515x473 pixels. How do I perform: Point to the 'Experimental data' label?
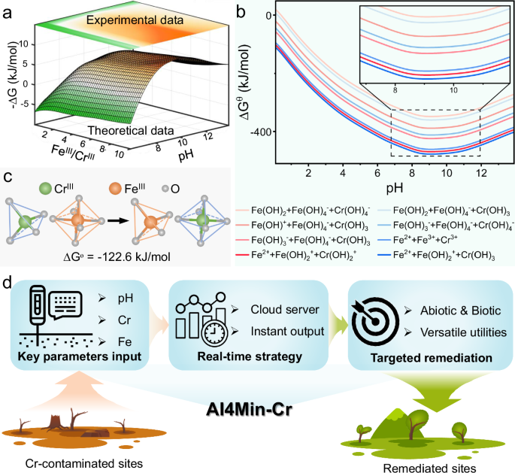(x=135, y=20)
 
